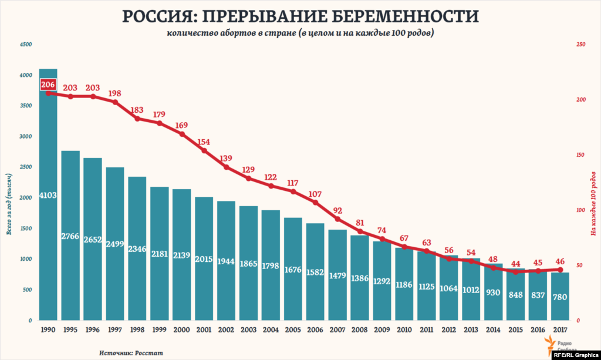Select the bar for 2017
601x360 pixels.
click(561, 297)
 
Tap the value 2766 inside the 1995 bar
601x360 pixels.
click(70, 236)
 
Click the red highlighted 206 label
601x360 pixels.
click(48, 85)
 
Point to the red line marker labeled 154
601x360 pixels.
click(204, 151)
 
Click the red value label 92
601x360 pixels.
click(337, 210)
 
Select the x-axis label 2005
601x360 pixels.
click(293, 331)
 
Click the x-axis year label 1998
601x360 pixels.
click(137, 331)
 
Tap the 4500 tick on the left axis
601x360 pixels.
click(25, 45)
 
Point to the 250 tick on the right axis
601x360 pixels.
click(582, 45)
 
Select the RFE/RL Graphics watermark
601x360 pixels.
click(575, 354)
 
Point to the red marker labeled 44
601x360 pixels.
click(516, 272)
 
